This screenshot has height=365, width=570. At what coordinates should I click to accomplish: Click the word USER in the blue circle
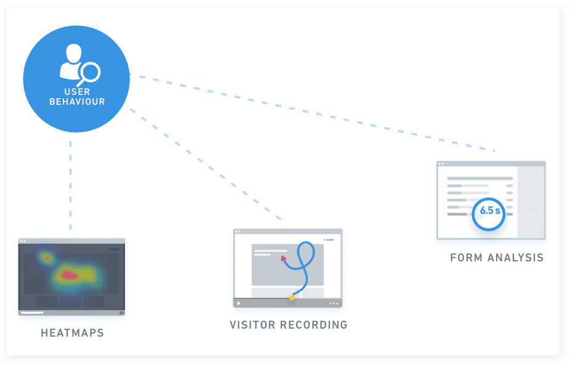(77, 92)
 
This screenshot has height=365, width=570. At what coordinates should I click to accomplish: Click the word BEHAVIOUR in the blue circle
(77, 102)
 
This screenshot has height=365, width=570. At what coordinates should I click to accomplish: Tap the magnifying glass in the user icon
(90, 73)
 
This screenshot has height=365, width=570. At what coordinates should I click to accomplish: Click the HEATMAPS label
(73, 333)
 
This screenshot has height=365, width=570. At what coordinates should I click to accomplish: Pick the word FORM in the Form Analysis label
(466, 258)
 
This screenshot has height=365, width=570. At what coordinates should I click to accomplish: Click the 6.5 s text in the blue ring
(489, 211)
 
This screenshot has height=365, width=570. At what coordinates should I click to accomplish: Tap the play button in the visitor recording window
(239, 303)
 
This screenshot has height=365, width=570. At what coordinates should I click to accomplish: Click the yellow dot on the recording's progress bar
(292, 298)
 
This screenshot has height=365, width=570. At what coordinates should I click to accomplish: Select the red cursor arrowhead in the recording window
(284, 259)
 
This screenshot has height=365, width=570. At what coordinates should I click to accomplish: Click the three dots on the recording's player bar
(334, 303)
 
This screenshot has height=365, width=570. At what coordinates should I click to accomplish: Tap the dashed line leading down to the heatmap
(70, 185)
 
